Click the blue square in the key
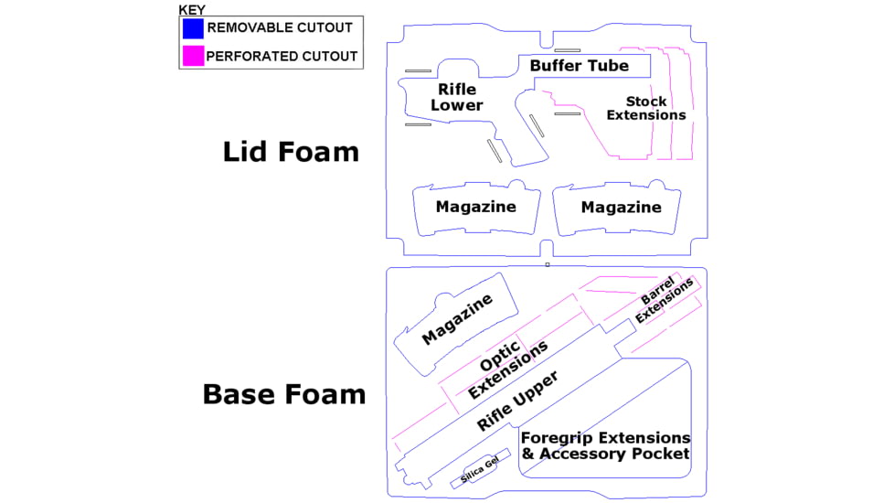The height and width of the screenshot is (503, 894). (193, 28)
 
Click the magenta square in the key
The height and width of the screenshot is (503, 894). (193, 55)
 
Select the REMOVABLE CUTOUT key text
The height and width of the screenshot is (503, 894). (280, 28)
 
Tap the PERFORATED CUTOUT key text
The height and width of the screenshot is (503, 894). (282, 56)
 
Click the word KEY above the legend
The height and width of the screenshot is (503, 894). (192, 10)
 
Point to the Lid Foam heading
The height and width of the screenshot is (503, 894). (291, 152)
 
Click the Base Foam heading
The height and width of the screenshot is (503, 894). (284, 394)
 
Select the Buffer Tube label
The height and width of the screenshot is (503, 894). (580, 66)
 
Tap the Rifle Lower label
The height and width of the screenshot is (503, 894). (457, 97)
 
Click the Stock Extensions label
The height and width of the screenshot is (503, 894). (646, 108)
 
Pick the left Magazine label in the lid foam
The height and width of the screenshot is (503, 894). (475, 207)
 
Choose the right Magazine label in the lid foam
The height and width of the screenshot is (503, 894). (621, 208)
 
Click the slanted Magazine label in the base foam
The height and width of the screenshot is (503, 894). (457, 320)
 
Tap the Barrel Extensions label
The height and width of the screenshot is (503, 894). (664, 299)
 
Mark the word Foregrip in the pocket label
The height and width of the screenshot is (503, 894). (559, 438)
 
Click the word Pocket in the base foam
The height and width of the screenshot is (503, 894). (663, 454)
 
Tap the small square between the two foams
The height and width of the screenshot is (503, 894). (547, 264)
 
